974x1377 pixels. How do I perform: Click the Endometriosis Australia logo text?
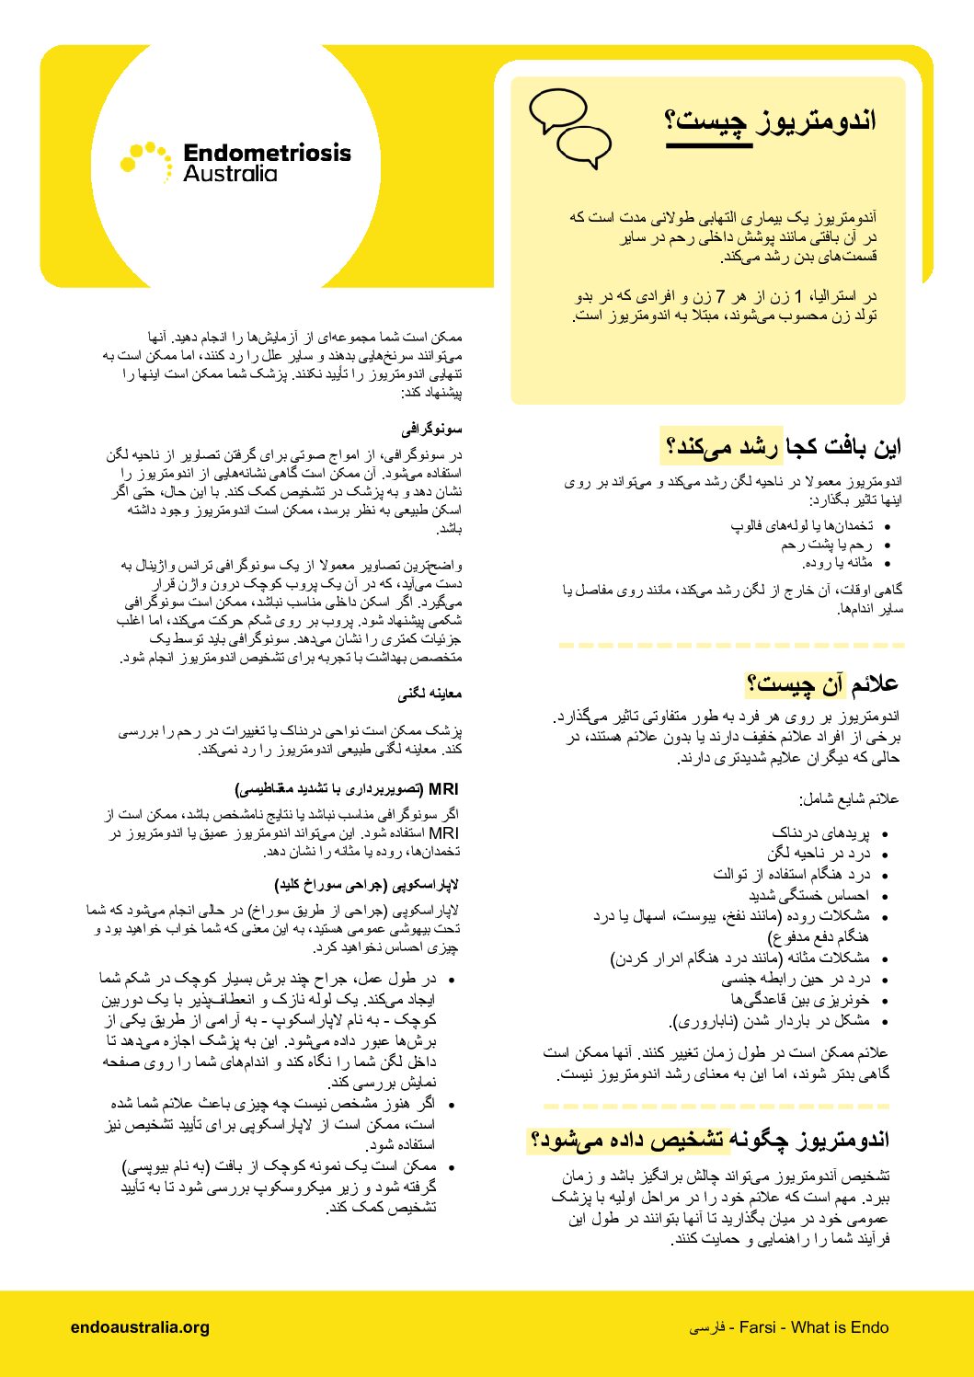267,163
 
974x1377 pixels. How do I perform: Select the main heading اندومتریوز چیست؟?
771,120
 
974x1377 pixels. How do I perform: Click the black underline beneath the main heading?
708,145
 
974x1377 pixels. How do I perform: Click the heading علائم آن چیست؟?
822,683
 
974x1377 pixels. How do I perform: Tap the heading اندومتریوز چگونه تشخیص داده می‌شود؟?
710,1140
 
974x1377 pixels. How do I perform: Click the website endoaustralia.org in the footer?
140,1327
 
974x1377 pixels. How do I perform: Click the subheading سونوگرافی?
431,430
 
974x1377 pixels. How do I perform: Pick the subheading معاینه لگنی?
430,694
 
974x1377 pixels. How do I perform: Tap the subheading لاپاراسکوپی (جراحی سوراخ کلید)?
367,885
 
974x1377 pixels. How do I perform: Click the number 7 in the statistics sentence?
721,297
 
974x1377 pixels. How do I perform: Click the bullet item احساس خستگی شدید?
808,895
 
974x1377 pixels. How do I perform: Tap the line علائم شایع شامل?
849,799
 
